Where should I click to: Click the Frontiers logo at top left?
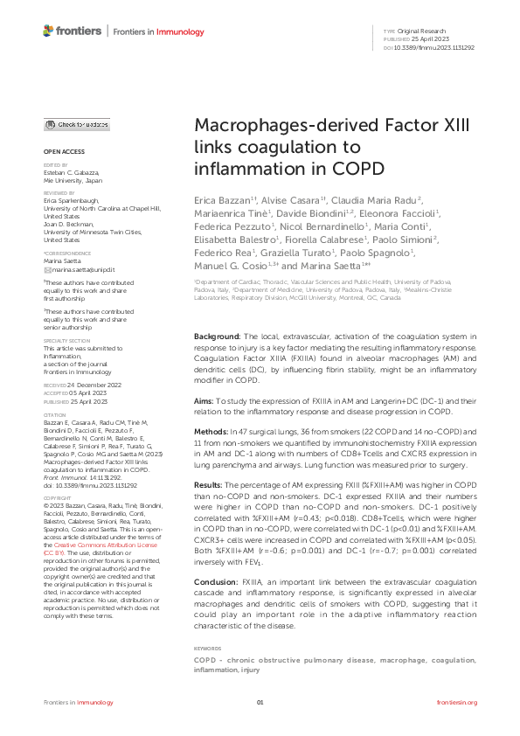pos(73,32)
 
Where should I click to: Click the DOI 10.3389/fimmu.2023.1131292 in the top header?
pos(434,47)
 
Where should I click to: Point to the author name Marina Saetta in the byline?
pos(330,265)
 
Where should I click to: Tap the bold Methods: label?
pos(212,432)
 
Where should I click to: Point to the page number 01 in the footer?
pos(260,703)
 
